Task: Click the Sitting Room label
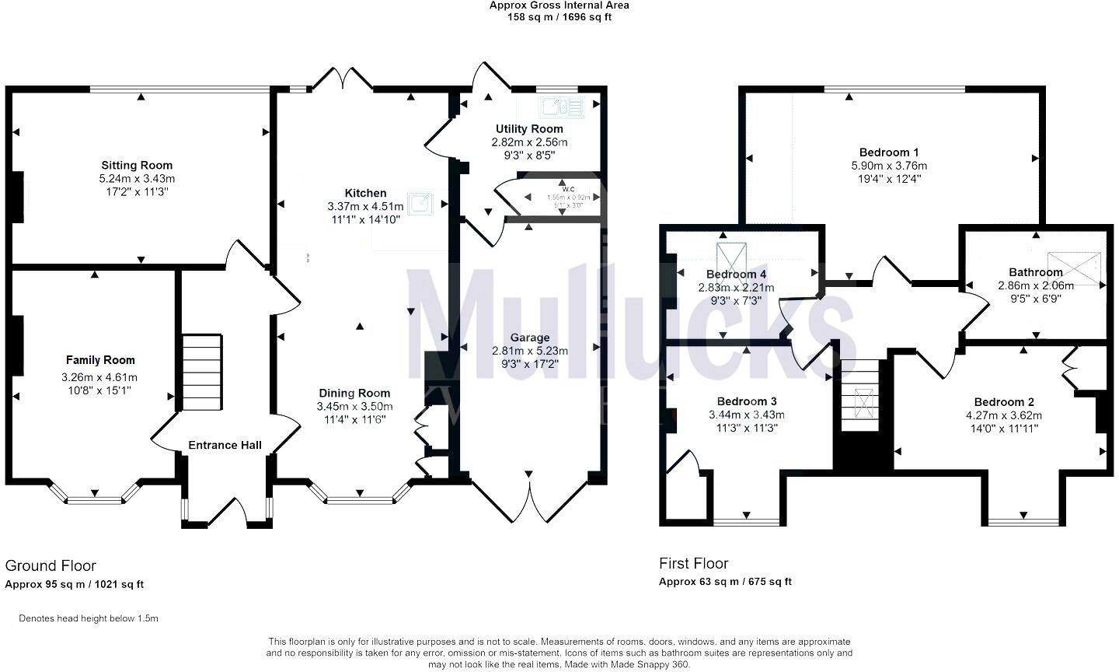(x=137, y=165)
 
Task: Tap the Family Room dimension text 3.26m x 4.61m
(x=99, y=377)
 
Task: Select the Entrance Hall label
(x=225, y=446)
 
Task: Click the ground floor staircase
(x=202, y=373)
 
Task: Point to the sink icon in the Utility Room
(x=556, y=107)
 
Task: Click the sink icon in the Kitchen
(x=421, y=202)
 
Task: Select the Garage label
(x=530, y=338)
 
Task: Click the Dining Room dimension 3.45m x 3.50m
(x=354, y=407)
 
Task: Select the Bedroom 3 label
(x=742, y=401)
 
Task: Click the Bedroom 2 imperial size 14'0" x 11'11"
(x=1002, y=429)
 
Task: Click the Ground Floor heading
(x=51, y=565)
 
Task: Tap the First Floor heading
(x=694, y=563)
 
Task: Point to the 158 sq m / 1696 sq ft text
(x=559, y=17)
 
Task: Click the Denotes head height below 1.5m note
(x=89, y=619)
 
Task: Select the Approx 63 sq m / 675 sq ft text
(x=725, y=582)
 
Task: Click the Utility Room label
(x=529, y=129)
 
